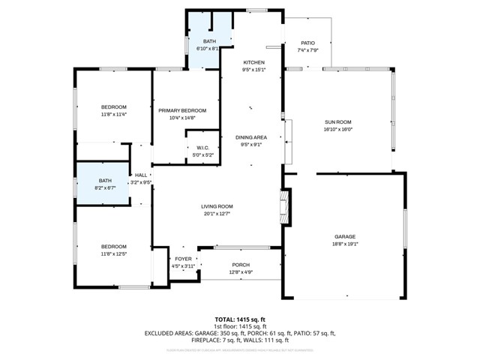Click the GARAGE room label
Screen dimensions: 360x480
point(345,236)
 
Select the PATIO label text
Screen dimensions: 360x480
point(307,43)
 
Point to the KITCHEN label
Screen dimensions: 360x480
point(253,62)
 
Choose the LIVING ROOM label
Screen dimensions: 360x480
point(217,206)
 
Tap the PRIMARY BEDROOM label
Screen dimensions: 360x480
point(182,110)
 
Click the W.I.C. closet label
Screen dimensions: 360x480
point(202,148)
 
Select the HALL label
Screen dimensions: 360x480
point(141,174)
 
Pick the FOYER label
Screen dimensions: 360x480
point(183,259)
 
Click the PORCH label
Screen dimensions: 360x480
point(240,265)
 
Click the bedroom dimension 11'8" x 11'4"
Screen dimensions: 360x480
point(114,114)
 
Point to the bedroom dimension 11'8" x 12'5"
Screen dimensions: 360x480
point(114,253)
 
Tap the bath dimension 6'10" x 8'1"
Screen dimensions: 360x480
point(207,49)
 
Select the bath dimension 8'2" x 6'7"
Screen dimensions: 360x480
point(104,187)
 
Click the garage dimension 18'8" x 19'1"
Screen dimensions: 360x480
point(345,243)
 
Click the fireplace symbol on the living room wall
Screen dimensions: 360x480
point(283,205)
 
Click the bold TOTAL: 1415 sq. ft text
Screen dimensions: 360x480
point(240,319)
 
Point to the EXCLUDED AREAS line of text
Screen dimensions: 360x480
point(240,333)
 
